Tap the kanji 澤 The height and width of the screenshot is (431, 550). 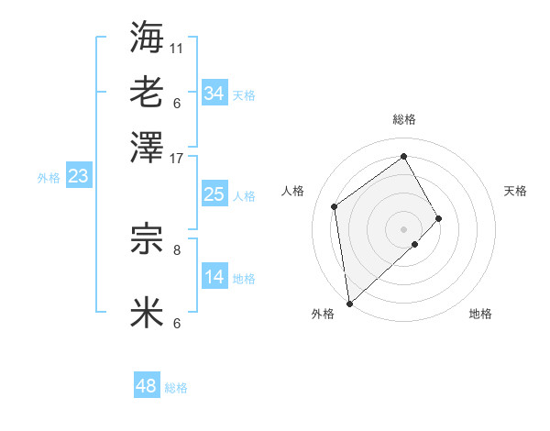tap(147, 146)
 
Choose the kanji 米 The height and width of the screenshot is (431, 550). tap(147, 313)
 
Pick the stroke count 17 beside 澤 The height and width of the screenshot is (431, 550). tap(177, 158)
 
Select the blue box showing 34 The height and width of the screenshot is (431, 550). tap(214, 94)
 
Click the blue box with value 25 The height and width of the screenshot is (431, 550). tap(214, 194)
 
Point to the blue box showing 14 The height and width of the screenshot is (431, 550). tap(214, 277)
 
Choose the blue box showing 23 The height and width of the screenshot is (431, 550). tap(78, 176)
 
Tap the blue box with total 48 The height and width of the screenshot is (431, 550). tap(147, 387)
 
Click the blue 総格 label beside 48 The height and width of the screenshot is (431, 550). tap(176, 388)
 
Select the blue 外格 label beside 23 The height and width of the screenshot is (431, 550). tap(49, 178)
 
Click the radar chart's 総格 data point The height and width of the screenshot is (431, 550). tap(404, 156)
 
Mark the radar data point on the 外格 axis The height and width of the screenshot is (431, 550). tap(349, 303)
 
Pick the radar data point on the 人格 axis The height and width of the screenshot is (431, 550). tap(335, 206)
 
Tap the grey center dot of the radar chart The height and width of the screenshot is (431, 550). tap(404, 227)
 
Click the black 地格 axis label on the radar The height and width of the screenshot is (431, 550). tap(480, 315)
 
